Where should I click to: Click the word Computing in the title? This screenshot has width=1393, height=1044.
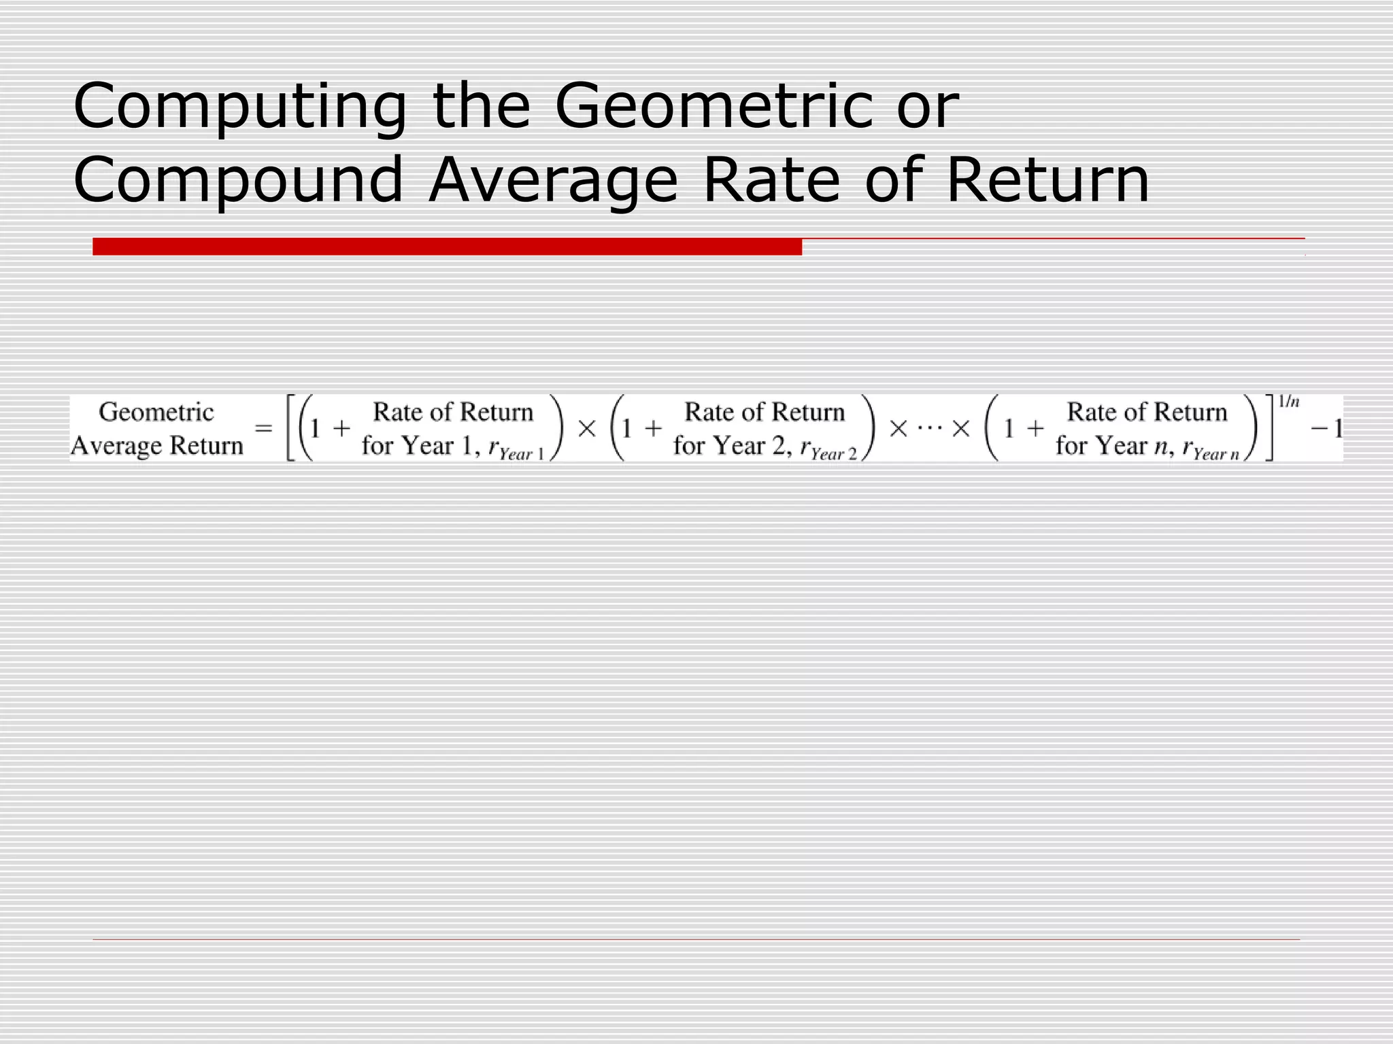click(x=239, y=107)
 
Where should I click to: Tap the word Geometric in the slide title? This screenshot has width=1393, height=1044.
click(x=714, y=107)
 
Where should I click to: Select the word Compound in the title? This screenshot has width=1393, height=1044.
click(x=238, y=180)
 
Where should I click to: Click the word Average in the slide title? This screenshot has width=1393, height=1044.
click(x=553, y=180)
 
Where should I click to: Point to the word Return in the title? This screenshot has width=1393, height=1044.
click(x=1047, y=180)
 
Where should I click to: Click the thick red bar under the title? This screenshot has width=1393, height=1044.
click(x=447, y=246)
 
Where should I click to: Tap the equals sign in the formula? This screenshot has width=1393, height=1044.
click(x=263, y=429)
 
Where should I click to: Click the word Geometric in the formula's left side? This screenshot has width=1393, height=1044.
click(x=156, y=412)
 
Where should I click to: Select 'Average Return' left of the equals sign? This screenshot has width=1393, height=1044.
click(x=157, y=445)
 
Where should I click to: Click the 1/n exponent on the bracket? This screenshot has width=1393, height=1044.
click(x=1288, y=402)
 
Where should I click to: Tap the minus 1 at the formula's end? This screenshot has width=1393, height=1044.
click(x=1326, y=429)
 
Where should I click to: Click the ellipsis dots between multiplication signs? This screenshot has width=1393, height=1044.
click(x=929, y=428)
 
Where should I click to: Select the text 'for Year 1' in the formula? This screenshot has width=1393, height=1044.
click(x=416, y=446)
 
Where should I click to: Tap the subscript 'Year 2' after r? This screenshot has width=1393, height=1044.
click(x=834, y=454)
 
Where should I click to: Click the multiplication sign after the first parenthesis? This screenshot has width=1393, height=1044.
click(x=586, y=429)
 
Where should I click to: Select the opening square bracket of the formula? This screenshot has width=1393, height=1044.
click(x=290, y=429)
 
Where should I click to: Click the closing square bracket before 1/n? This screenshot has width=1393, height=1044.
click(x=1269, y=429)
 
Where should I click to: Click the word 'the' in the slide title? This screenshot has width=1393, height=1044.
click(x=481, y=107)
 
